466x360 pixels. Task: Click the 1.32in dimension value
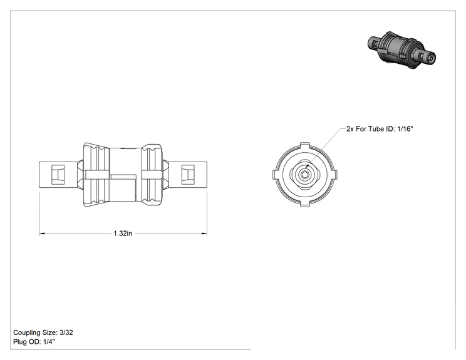point(123,234)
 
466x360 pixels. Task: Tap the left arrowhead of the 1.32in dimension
point(42,234)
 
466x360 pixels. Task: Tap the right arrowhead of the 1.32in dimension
point(204,234)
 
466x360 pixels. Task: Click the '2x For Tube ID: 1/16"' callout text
point(380,129)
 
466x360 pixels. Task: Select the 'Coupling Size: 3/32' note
point(43,332)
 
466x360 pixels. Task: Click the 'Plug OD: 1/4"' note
point(34,342)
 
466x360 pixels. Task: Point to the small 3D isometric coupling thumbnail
point(401,50)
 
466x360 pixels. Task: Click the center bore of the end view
point(304,175)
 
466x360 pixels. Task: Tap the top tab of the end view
point(305,145)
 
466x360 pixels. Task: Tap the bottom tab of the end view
point(305,204)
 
